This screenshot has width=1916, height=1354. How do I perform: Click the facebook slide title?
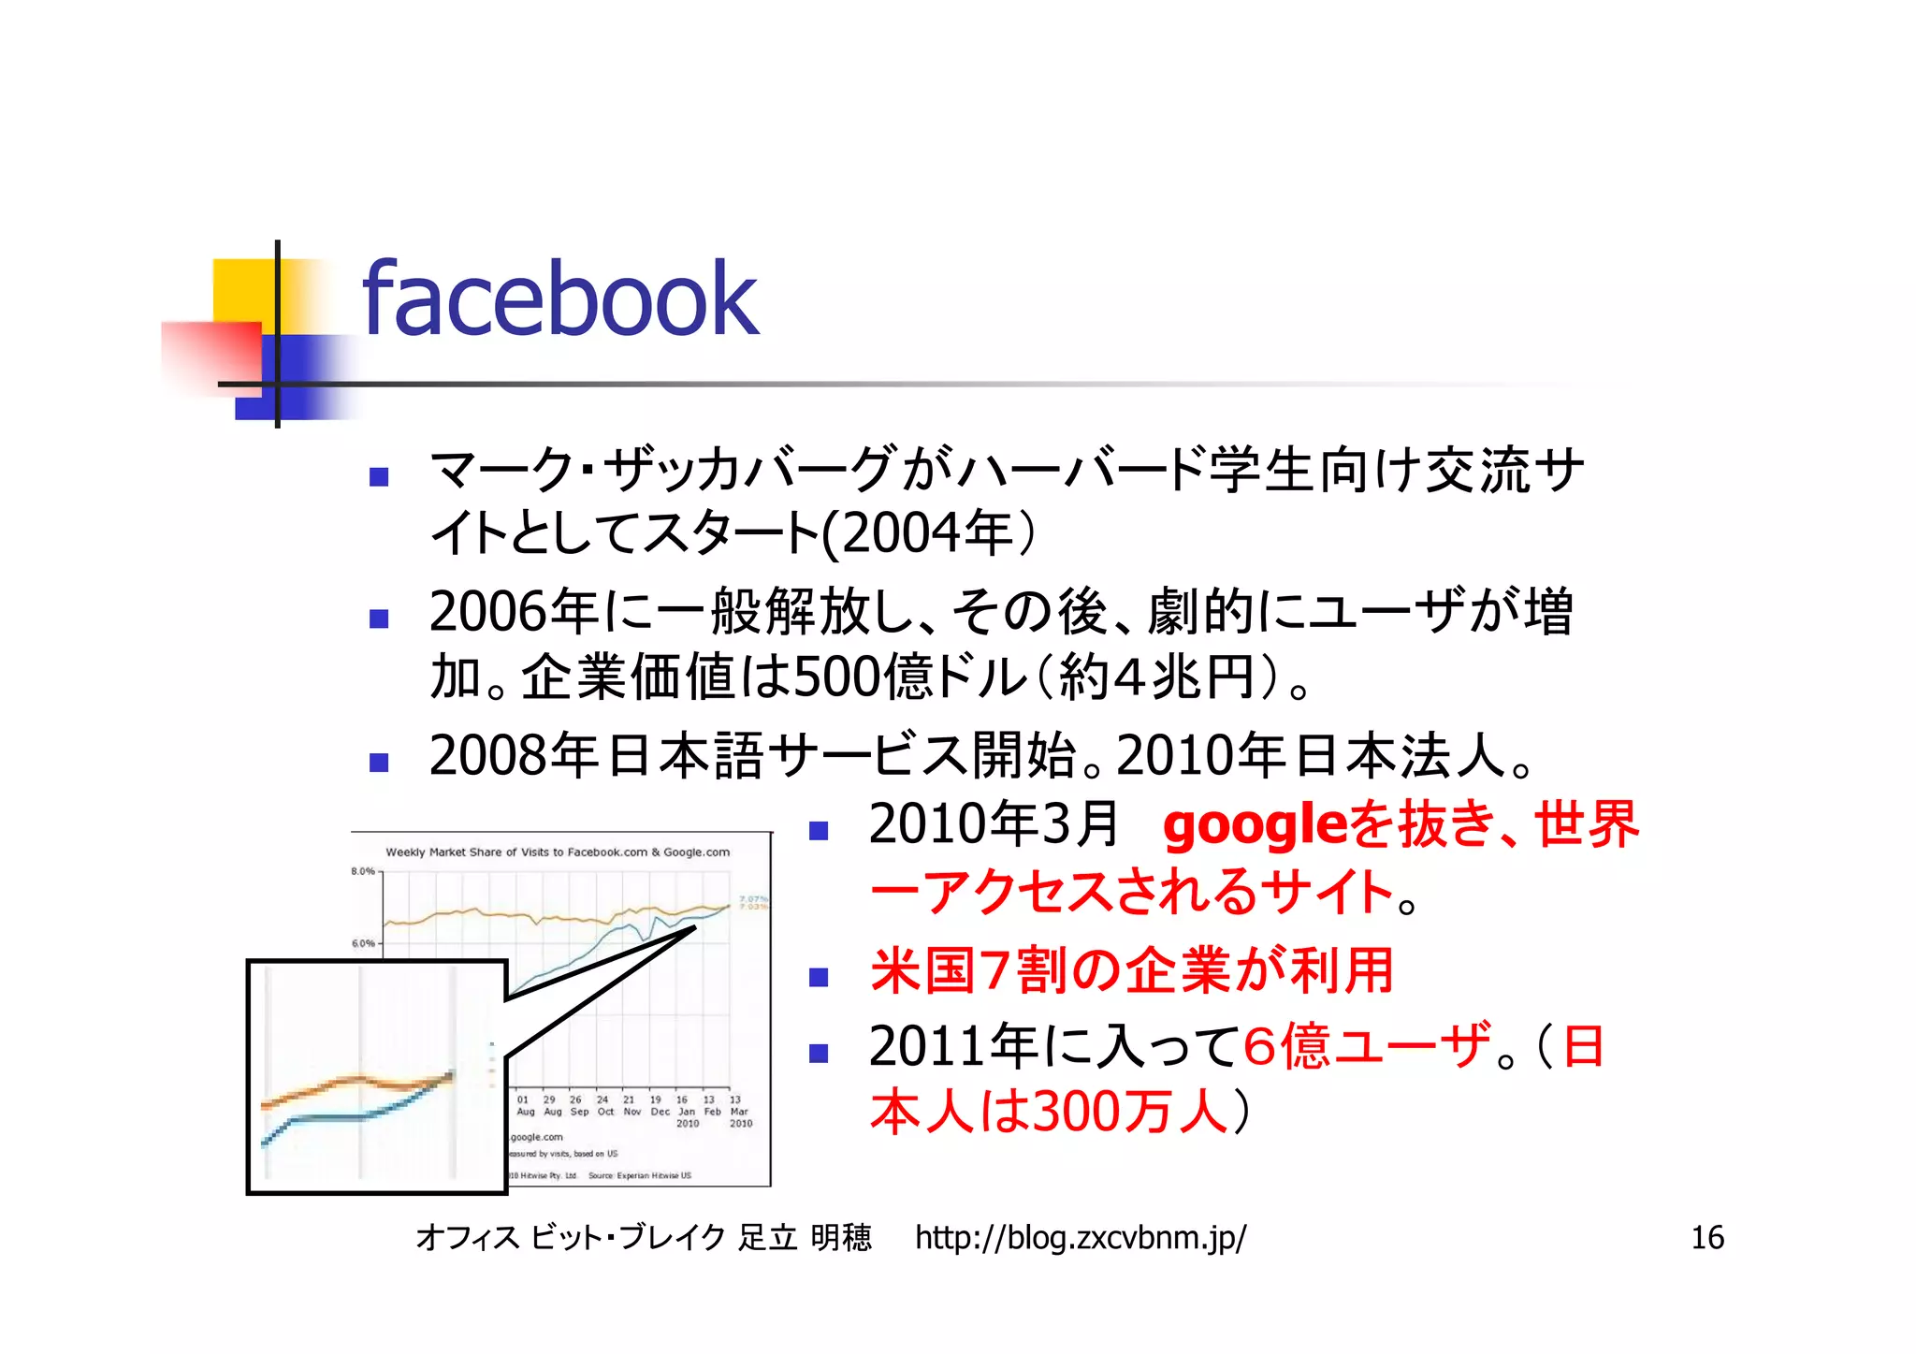559,299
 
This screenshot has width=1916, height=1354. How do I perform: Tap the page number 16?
1706,1238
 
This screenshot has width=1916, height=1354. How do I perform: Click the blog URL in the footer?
1080,1238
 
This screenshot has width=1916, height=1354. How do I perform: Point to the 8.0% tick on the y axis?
363,871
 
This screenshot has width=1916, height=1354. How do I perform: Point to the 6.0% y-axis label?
363,943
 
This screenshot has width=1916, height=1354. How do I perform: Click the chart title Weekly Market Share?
558,852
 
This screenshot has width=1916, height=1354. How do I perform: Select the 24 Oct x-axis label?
604,1106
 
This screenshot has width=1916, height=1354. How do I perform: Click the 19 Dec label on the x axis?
659,1106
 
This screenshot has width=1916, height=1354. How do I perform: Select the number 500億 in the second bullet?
861,677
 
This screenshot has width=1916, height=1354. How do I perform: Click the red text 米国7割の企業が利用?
1132,970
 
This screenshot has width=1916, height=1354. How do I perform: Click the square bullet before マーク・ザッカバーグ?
379,477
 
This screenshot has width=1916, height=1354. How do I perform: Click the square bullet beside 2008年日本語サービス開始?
379,763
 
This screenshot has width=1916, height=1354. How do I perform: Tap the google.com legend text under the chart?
537,1138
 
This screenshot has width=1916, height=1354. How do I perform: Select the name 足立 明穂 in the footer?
805,1238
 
